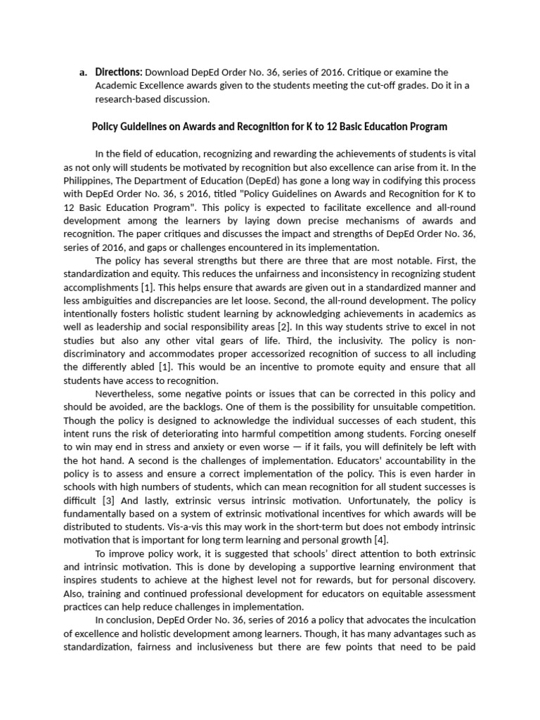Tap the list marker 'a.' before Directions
pyautogui.click(x=84, y=72)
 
